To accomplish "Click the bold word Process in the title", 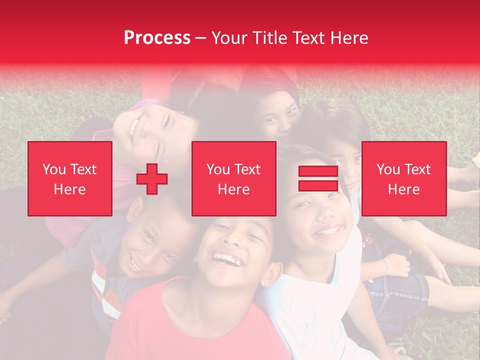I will pyautogui.click(x=157, y=37).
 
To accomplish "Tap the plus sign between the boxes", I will pyautogui.click(x=152, y=178).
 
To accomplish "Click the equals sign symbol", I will pyautogui.click(x=318, y=178).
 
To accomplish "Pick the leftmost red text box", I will pyautogui.click(x=69, y=178).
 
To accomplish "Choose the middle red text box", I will pyautogui.click(x=233, y=178).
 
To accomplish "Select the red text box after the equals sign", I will pyautogui.click(x=403, y=178).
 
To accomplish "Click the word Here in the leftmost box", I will pyautogui.click(x=69, y=189).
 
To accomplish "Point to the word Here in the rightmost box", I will pyautogui.click(x=403, y=189).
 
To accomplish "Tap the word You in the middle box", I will pyautogui.click(x=218, y=169).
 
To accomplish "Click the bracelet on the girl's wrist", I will pyautogui.click(x=385, y=265).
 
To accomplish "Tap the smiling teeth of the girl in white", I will pyautogui.click(x=328, y=231).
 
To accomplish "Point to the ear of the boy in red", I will pyautogui.click(x=272, y=274).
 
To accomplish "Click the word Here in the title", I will pyautogui.click(x=349, y=37).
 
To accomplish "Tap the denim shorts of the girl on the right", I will pyautogui.click(x=400, y=290).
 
